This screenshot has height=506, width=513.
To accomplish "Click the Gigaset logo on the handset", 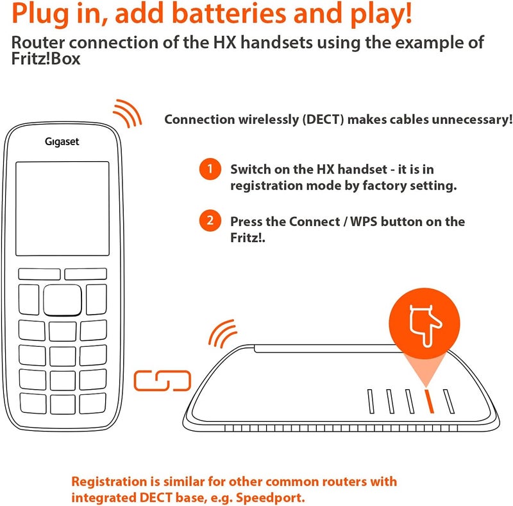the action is pos(62,142).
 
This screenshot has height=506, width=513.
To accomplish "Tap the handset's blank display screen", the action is pos(62,209).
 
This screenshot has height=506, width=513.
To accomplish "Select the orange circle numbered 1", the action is pos(210,169).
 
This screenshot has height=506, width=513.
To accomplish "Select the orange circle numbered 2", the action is pos(210,220).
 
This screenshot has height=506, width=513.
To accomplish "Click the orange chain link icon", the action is pos(162,381).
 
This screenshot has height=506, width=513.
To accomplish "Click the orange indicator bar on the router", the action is pos(429,401).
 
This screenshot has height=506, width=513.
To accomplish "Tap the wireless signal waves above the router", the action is pos(223,333).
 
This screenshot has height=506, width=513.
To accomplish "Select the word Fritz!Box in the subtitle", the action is pos(46,59).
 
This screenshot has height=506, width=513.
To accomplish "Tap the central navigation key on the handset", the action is pos(62,300).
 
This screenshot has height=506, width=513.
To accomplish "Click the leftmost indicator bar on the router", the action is pos(371,401).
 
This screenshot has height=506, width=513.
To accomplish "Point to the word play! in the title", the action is pos(382,13).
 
